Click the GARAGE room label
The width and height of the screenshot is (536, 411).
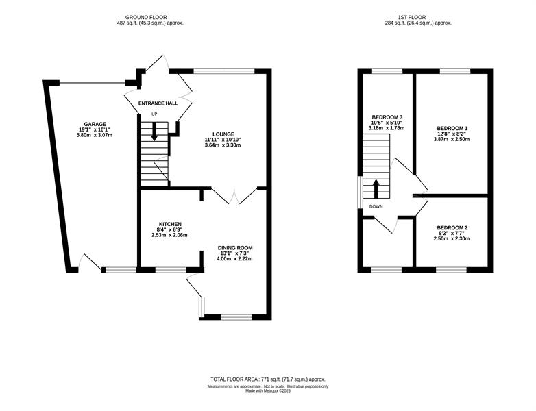point(95,124)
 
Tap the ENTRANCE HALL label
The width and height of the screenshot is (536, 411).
point(158,103)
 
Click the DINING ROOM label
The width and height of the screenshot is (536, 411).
point(236,248)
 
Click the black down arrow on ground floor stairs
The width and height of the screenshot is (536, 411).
point(154,131)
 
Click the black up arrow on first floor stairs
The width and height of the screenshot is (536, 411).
point(376,189)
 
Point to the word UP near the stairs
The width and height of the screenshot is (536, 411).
point(154,114)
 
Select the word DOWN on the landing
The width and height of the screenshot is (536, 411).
point(376,206)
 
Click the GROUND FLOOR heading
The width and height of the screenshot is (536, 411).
point(146,17)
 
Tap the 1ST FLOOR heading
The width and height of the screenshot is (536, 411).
point(411,17)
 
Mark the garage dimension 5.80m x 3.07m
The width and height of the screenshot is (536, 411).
point(95,135)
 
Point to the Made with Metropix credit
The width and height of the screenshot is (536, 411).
point(268,391)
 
